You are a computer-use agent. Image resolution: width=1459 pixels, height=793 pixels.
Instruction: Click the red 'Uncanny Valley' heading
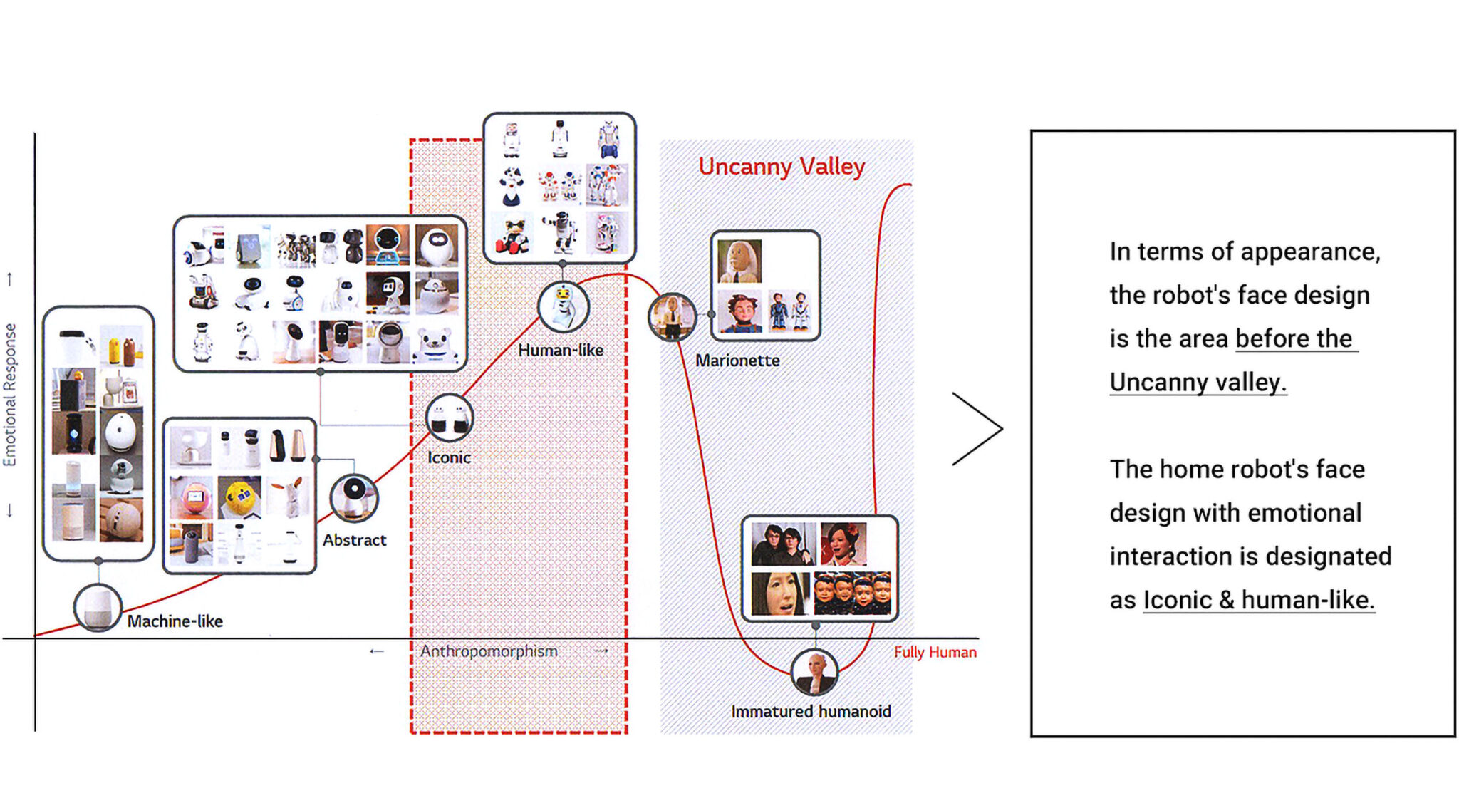pos(781,167)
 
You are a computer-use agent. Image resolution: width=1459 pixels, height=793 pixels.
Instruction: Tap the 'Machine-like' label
pos(175,621)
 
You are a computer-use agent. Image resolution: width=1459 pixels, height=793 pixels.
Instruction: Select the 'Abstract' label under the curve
pos(354,540)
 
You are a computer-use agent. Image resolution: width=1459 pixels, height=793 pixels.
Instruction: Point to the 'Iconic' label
pos(449,457)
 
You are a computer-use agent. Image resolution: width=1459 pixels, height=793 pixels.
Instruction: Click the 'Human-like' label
pos(561,351)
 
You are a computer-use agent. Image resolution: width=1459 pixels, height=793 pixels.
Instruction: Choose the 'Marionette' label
pos(737,361)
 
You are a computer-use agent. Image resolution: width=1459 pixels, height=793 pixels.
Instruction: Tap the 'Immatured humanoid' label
pos(811,711)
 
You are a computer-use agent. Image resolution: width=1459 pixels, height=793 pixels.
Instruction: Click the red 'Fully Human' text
pos(935,652)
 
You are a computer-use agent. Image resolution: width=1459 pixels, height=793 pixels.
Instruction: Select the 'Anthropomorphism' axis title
pos(489,651)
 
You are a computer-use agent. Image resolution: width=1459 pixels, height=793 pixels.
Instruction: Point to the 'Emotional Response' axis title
pos(10,395)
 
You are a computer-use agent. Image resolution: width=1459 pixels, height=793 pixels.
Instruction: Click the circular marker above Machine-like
pos(98,608)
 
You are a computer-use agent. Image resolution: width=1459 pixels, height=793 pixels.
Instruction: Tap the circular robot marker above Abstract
pos(353,497)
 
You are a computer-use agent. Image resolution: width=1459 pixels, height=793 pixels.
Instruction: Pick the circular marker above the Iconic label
pos(450,418)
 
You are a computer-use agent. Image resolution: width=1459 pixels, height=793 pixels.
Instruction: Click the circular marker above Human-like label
pos(563,306)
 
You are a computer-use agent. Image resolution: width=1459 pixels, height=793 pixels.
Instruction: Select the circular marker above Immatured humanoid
pos(815,672)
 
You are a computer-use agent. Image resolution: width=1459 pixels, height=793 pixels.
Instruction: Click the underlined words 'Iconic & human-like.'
pos(1258,600)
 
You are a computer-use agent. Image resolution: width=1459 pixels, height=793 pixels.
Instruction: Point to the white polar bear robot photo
pos(436,344)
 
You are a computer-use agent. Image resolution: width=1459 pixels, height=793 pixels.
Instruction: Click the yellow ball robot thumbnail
pos(239,497)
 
